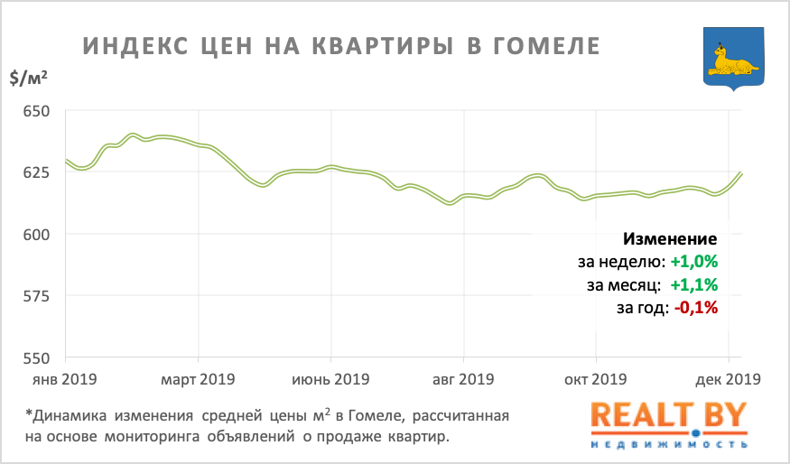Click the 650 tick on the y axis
37,112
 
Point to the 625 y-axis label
37,173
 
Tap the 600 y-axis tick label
37,235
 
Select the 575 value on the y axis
37,297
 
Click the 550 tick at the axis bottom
37,358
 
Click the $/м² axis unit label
28,79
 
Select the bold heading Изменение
670,239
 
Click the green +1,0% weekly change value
694,263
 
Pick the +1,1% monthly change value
694,285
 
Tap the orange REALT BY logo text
669,416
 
